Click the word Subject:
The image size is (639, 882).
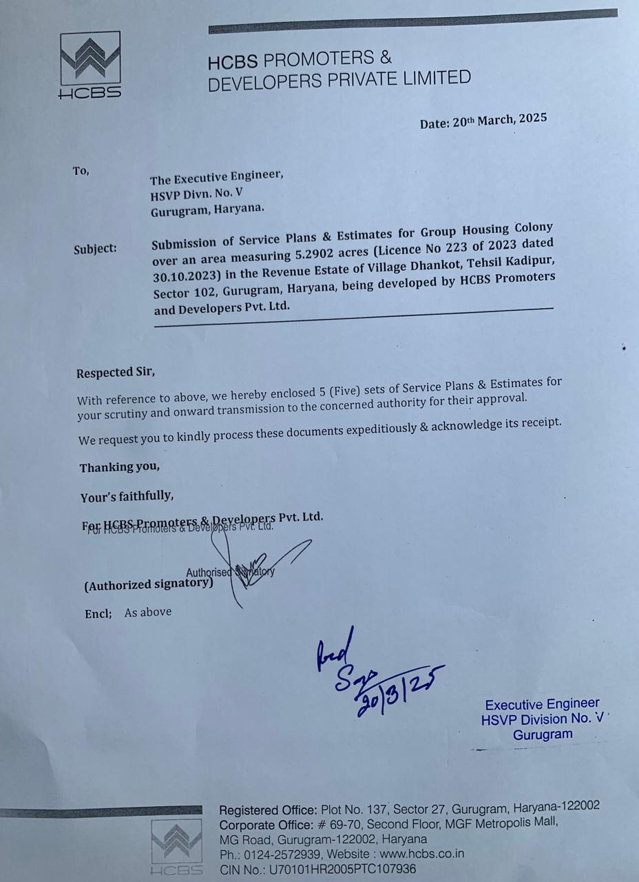(x=95, y=248)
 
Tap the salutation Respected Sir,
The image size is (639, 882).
(x=116, y=373)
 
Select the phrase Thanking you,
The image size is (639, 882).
(x=119, y=467)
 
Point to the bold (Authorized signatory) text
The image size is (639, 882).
(x=148, y=584)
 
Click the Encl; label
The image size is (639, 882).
(x=98, y=613)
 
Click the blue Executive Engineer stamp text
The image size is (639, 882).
(x=542, y=704)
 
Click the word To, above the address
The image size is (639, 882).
(x=81, y=171)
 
